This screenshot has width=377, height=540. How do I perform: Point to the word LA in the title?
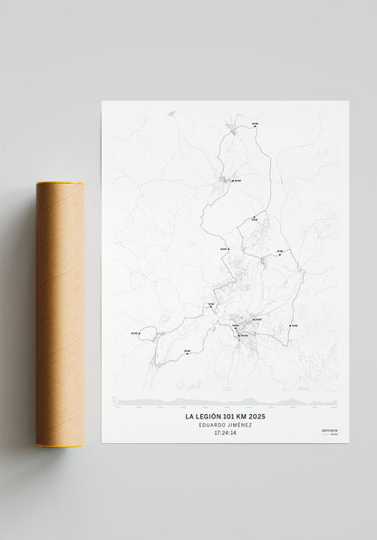[189, 418]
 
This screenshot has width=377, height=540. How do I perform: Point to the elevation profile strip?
[227, 400]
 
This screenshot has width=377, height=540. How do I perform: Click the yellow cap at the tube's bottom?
[62, 444]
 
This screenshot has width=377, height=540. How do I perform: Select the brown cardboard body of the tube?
[62, 313]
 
